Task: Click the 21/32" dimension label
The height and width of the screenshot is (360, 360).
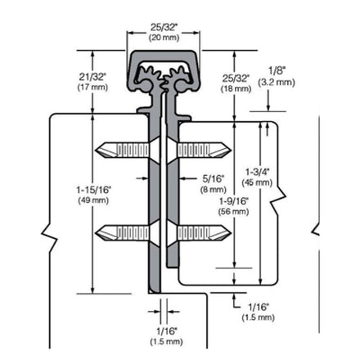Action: (92, 77)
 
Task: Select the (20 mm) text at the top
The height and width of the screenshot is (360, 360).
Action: (164, 38)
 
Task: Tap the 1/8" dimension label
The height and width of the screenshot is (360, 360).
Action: (277, 71)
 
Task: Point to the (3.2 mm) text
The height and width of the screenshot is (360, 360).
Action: (277, 82)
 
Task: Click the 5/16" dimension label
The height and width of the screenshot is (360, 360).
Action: (214, 178)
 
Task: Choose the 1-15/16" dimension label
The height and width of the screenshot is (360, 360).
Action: (94, 190)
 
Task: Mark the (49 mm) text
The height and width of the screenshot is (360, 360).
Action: (93, 200)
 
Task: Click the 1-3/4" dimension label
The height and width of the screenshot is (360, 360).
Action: (257, 172)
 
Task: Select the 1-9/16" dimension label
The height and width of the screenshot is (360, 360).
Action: (234, 201)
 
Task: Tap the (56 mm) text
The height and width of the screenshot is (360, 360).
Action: (234, 211)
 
